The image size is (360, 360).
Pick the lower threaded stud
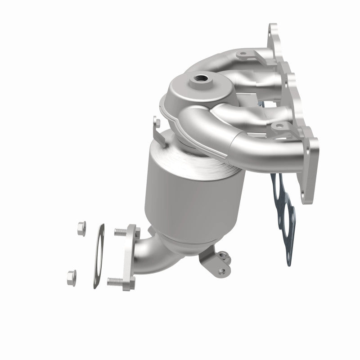(x=115, y=282)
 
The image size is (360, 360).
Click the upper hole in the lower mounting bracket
(x=222, y=257)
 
